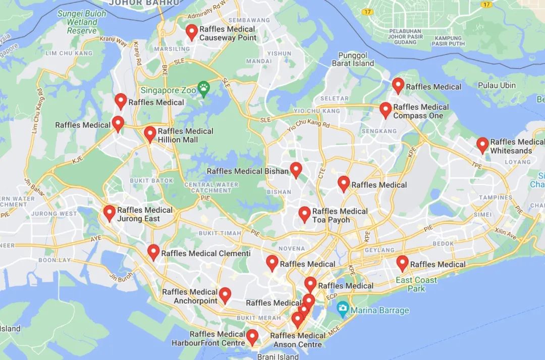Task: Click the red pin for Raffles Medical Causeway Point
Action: click(191, 32)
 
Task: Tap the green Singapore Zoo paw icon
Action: click(203, 89)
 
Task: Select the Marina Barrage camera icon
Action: click(343, 308)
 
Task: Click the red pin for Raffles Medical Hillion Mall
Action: click(150, 134)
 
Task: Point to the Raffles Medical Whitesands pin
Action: click(482, 145)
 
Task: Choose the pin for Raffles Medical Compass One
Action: click(386, 110)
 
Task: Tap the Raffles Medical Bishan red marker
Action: click(296, 169)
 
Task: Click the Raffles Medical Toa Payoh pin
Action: click(304, 214)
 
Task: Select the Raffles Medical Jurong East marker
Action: click(110, 213)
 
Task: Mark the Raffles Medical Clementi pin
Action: click(153, 252)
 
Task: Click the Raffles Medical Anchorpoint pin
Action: click(225, 294)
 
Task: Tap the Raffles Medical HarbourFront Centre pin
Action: click(252, 336)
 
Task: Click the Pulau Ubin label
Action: click(497, 85)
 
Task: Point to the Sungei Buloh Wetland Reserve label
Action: click(82, 22)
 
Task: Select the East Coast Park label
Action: click(416, 284)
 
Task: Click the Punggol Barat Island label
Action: click(353, 59)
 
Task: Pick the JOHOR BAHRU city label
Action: click(144, 3)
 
